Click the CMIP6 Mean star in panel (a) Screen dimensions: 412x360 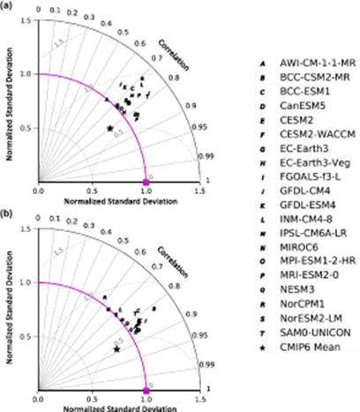[110, 128]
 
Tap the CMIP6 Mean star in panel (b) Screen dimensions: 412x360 [116, 349]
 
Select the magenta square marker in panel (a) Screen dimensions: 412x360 [146, 182]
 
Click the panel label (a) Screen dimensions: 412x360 [8, 8]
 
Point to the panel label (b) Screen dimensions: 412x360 [8, 214]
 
